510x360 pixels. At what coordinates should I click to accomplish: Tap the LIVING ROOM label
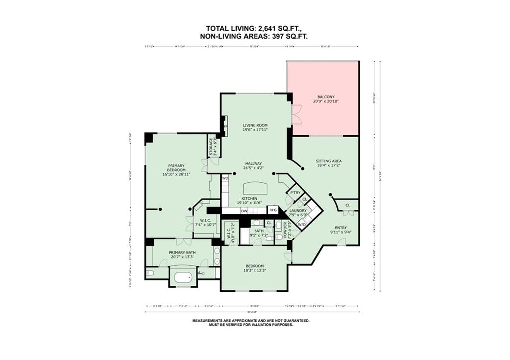(255, 125)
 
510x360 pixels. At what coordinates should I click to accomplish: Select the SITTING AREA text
(329, 161)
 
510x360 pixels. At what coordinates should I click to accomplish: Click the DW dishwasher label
(244, 211)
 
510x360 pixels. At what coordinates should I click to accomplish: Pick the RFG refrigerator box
(273, 210)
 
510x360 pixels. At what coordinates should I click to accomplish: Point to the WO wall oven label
(225, 178)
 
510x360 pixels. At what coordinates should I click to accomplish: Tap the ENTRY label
(341, 228)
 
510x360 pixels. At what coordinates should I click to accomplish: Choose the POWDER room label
(285, 230)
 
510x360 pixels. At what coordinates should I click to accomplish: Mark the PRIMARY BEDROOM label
(176, 168)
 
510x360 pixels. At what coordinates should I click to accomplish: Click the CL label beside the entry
(348, 205)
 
